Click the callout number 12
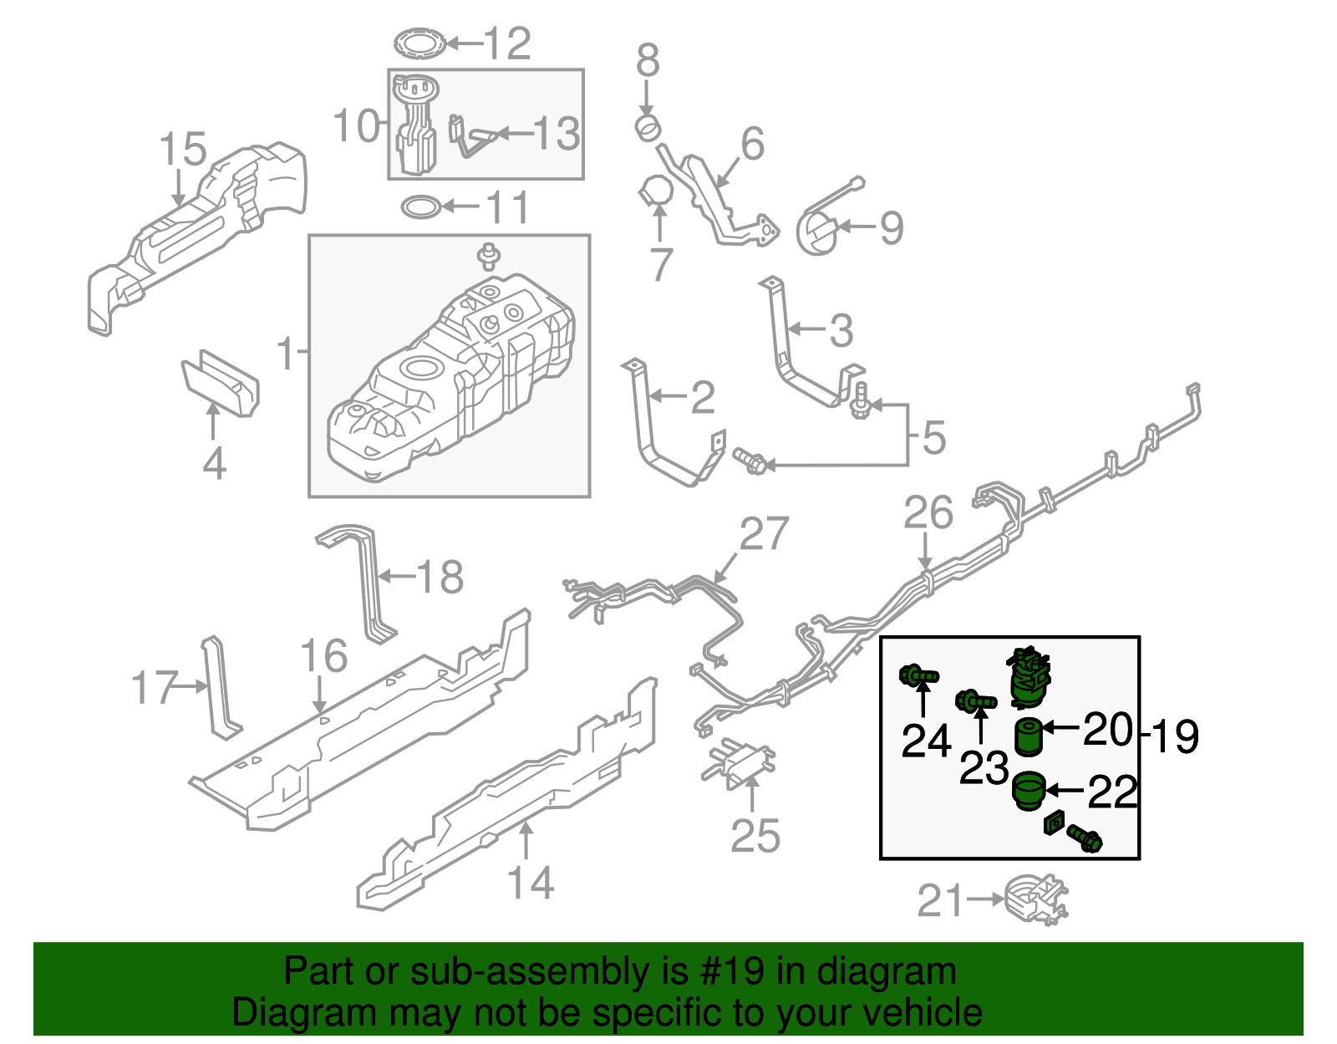point(507,43)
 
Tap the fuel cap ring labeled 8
point(648,128)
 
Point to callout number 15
point(182,150)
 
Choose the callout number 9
point(891,227)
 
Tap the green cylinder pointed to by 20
point(1029,736)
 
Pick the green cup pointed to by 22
point(1029,791)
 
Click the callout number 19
point(1174,736)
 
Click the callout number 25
point(755,835)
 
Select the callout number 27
point(764,534)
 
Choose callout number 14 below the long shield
point(531,883)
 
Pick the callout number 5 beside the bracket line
point(933,437)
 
